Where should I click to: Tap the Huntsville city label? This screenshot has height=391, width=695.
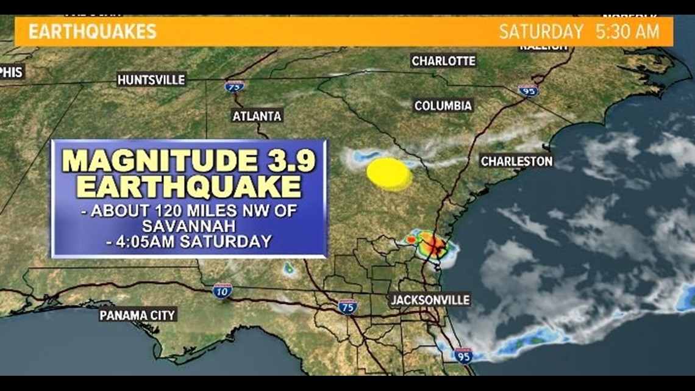pyautogui.click(x=151, y=80)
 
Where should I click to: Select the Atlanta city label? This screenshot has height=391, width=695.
pyautogui.click(x=257, y=116)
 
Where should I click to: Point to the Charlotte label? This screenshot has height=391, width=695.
pyautogui.click(x=443, y=61)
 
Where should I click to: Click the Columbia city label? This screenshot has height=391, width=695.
pyautogui.click(x=443, y=106)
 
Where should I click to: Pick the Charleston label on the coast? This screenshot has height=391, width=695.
pyautogui.click(x=516, y=161)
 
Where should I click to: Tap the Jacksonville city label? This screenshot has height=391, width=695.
pyautogui.click(x=430, y=300)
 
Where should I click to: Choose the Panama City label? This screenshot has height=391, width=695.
pyautogui.click(x=138, y=315)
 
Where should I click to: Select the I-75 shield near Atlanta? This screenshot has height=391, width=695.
pyautogui.click(x=234, y=87)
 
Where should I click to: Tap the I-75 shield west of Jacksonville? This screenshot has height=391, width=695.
pyautogui.click(x=347, y=306)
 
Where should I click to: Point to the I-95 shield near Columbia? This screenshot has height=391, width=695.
pyautogui.click(x=528, y=90)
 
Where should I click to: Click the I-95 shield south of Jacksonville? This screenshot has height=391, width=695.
pyautogui.click(x=463, y=355)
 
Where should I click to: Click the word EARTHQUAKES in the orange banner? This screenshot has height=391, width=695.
pyautogui.click(x=93, y=32)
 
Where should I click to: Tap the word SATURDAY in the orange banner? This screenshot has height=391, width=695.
pyautogui.click(x=541, y=32)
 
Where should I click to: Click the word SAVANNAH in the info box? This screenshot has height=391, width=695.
pyautogui.click(x=189, y=226)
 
